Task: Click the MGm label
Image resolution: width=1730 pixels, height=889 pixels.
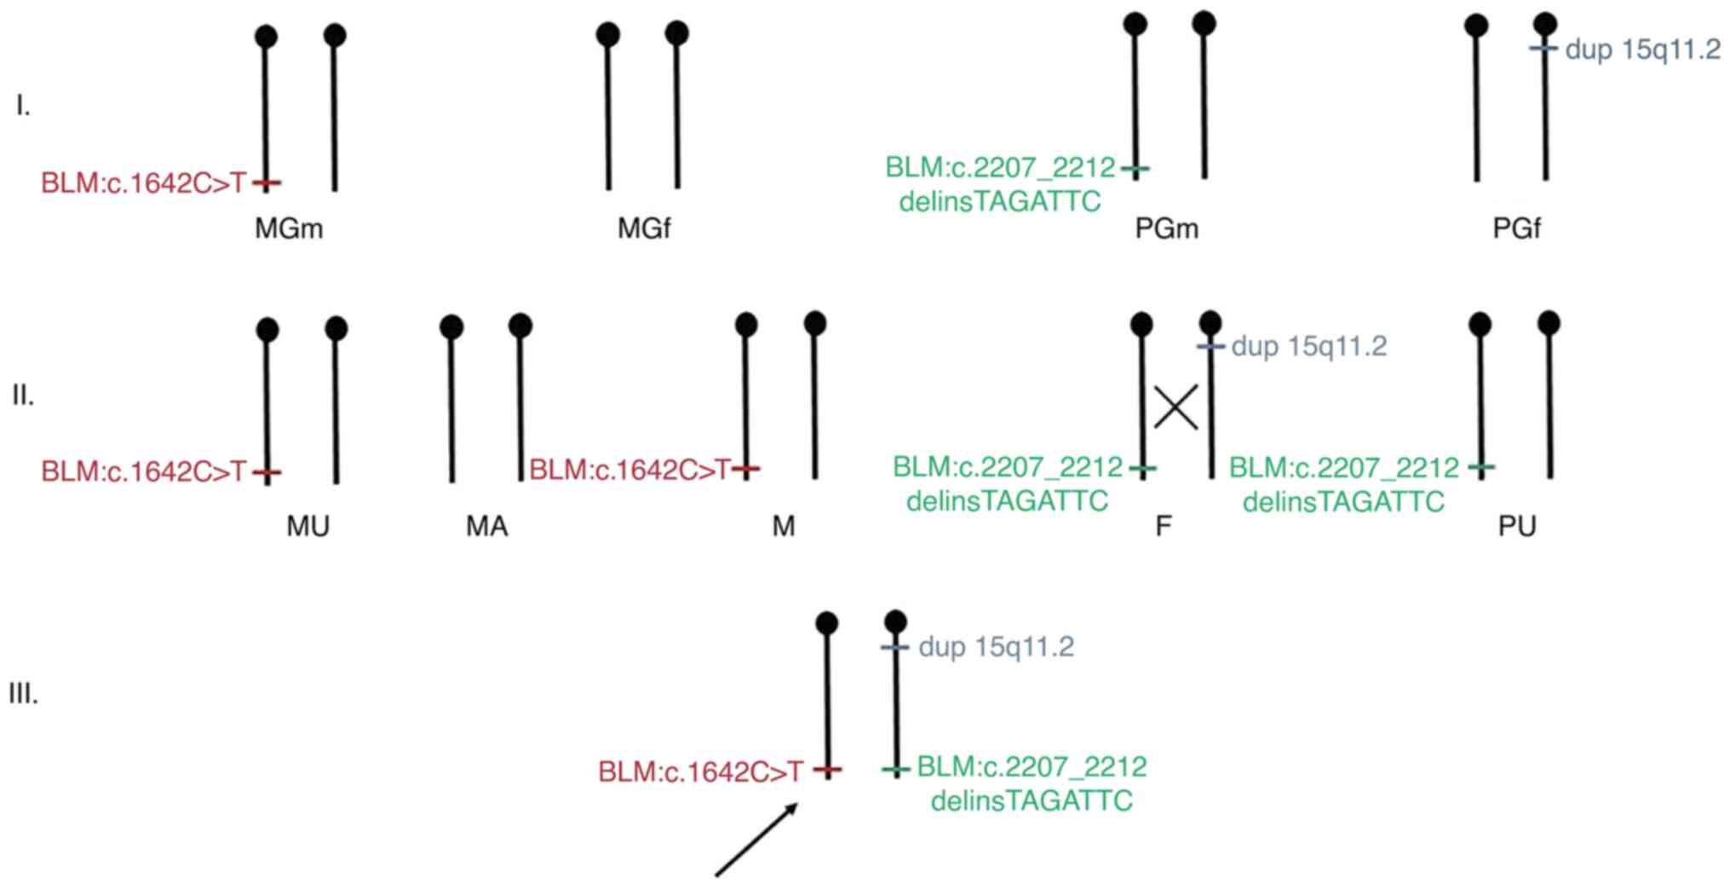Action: (x=289, y=228)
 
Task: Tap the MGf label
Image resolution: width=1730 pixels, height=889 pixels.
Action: (x=644, y=228)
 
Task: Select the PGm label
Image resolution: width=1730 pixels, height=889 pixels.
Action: (x=1167, y=228)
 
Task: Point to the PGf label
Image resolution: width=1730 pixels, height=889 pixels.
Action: (x=1516, y=228)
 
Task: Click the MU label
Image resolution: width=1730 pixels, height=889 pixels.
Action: (x=307, y=526)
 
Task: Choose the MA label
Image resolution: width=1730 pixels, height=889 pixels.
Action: (x=486, y=526)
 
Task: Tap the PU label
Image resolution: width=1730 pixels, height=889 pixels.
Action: (x=1516, y=526)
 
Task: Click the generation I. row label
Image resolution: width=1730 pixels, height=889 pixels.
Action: (x=23, y=106)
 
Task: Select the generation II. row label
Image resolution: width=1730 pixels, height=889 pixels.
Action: (x=23, y=395)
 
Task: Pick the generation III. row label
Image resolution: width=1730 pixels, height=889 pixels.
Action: (x=23, y=694)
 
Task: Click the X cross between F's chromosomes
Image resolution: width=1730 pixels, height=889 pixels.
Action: (x=1176, y=407)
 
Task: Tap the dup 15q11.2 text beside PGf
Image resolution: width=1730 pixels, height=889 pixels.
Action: (x=1642, y=49)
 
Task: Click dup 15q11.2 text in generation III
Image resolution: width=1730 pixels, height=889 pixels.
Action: (x=996, y=647)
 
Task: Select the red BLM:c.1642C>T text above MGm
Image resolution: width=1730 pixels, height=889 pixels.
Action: (x=143, y=183)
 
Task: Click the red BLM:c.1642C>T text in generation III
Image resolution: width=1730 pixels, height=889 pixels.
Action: (x=700, y=771)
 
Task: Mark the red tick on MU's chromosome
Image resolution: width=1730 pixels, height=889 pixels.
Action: (x=267, y=472)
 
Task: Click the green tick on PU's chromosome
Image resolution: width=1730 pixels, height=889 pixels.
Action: (x=1482, y=467)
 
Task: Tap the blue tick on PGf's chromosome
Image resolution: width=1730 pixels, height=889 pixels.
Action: (x=1544, y=49)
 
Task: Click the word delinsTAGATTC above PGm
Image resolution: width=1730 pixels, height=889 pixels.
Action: (x=1000, y=202)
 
